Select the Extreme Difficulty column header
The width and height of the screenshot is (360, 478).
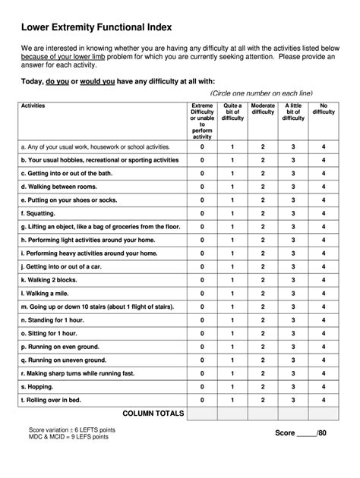[x=202, y=121]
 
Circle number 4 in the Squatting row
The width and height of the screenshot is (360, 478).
[x=324, y=214]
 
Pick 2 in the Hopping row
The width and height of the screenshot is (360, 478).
[x=263, y=385]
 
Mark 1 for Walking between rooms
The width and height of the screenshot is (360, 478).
[x=232, y=187]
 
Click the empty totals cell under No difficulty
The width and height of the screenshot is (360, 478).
[x=324, y=414]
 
